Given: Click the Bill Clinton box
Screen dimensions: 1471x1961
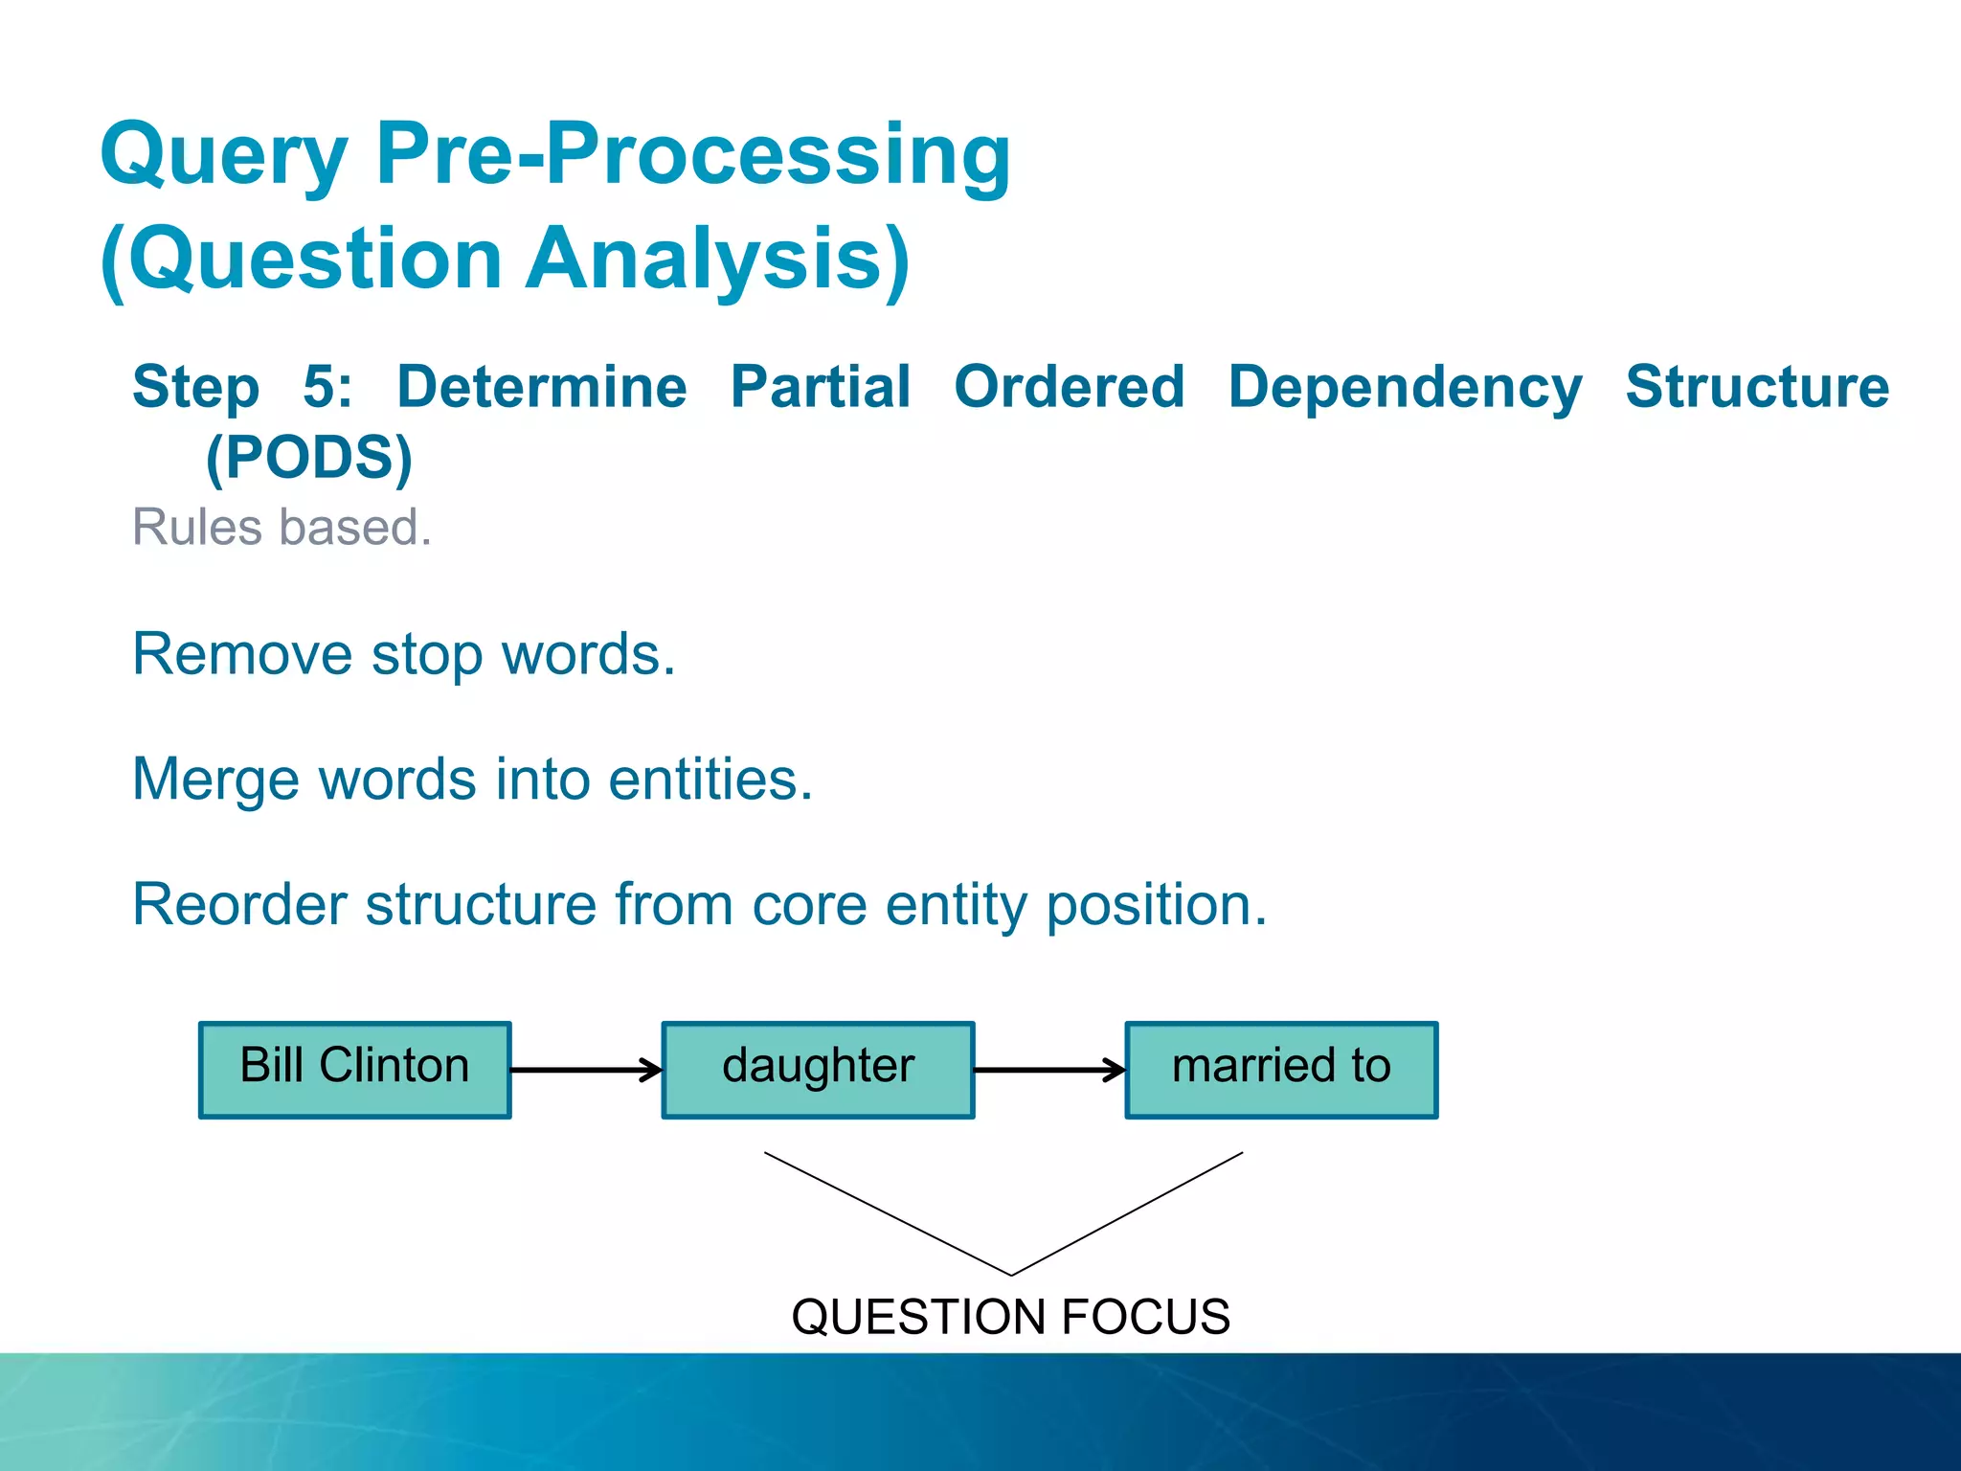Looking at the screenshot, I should (x=354, y=1069).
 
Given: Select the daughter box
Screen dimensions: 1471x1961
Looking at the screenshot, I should (x=818, y=1069).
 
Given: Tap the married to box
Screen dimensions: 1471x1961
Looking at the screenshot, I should (x=1281, y=1069).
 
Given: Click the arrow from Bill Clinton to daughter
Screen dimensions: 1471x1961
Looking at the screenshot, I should (x=585, y=1070).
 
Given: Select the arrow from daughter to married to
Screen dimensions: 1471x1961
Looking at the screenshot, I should (x=1048, y=1070).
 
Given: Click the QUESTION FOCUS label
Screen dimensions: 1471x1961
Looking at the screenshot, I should (x=1010, y=1316).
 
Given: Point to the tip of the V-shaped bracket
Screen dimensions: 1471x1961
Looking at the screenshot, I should (x=1011, y=1274).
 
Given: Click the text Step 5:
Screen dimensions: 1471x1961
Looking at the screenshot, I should (x=242, y=388).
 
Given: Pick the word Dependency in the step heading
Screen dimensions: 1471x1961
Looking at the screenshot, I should (x=1404, y=388).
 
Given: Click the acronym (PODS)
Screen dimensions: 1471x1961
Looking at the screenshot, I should (x=308, y=458).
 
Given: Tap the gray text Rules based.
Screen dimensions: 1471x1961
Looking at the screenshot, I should (x=282, y=527).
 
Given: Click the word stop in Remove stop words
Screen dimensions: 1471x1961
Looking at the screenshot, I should (x=427, y=655).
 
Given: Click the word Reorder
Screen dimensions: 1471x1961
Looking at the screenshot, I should (x=239, y=904).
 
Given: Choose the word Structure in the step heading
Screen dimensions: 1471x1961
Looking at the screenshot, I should (x=1757, y=388).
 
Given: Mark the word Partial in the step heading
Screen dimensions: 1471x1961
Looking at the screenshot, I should (x=820, y=388).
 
